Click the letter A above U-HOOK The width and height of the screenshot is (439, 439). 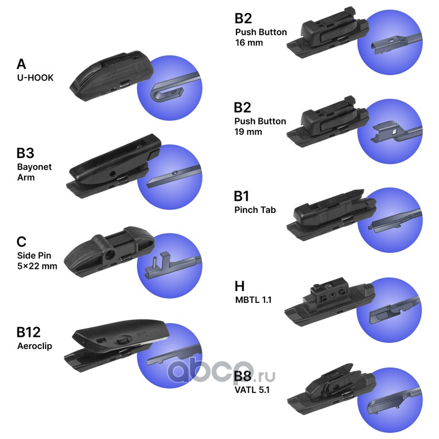pos(21,64)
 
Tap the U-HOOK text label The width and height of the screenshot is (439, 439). pos(35,77)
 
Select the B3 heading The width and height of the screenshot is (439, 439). pos(25,153)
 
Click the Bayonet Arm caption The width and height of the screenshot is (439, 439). pos(34,172)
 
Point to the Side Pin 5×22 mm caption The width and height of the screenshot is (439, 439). pos(37,261)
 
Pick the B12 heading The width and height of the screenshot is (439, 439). pos(29,333)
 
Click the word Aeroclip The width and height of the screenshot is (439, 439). pos(35,346)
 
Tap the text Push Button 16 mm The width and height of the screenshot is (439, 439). pos(261,37)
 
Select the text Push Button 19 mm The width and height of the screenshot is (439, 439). pos(260,126)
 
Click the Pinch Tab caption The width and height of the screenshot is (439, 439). pos(255,210)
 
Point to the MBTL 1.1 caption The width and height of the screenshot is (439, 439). pos(254,300)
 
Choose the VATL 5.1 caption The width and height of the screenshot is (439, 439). pos(252,390)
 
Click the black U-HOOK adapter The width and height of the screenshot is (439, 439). pos(111,76)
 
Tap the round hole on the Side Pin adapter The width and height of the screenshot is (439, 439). pos(109,255)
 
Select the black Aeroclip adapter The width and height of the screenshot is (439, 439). pos(117,345)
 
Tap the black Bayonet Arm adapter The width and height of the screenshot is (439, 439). pos(114,166)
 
